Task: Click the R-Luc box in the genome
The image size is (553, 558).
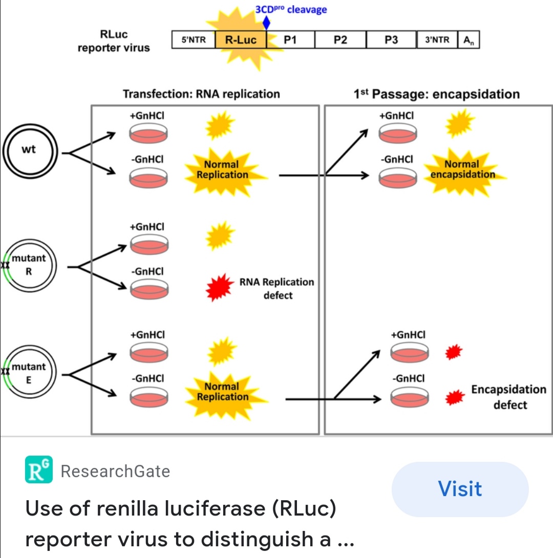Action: pos(241,40)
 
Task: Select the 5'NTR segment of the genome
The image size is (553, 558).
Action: pos(193,40)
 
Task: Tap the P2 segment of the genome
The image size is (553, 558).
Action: pos(340,40)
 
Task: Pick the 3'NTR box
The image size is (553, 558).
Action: pos(437,40)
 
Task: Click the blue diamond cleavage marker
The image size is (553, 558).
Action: pos(266,23)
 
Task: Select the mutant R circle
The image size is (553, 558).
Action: pos(29,266)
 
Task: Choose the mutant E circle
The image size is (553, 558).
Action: pos(29,374)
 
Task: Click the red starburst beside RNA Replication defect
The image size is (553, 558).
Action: pos(219,288)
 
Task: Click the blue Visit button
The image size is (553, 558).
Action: pos(460,489)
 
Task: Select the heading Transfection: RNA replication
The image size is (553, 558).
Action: pos(201,94)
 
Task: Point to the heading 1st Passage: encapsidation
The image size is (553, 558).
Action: pos(436,94)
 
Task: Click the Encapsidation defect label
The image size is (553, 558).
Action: pos(508,397)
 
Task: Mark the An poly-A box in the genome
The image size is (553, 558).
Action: pos(469,40)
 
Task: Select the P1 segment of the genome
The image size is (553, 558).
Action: pos(290,40)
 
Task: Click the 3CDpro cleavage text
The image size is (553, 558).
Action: pos(291,10)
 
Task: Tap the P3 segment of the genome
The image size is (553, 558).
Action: pos(391,40)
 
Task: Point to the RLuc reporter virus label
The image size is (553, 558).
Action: pos(114,41)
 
